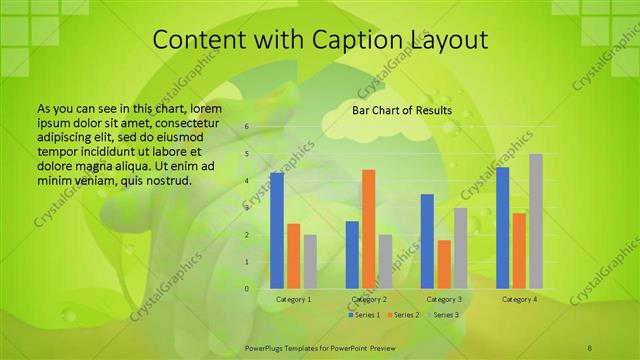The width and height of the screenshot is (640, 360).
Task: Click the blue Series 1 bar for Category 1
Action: [277, 230]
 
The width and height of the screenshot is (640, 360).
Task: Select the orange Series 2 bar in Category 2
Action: [369, 229]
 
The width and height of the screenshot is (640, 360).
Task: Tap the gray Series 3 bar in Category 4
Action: [536, 221]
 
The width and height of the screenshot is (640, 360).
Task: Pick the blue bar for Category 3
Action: [427, 241]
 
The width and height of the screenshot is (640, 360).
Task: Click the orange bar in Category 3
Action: [444, 264]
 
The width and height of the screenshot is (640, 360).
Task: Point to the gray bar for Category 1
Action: [310, 261]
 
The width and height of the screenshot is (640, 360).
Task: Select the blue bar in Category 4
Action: [502, 228]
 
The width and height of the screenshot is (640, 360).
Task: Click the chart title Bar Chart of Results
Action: [401, 110]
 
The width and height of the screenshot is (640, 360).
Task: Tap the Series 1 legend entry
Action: [364, 315]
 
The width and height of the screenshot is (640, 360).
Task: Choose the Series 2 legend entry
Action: [402, 315]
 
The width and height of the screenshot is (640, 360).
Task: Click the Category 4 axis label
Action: [519, 299]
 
